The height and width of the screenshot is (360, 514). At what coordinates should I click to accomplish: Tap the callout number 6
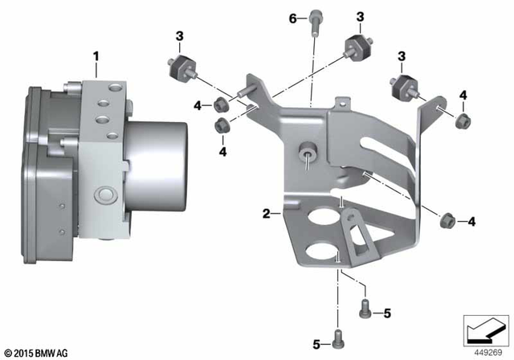[x=292, y=17]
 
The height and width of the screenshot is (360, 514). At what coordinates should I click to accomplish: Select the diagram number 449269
[x=484, y=350]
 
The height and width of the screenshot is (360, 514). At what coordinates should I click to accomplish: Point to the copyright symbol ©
[x=7, y=352]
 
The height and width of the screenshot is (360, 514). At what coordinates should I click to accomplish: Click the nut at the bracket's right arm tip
[x=461, y=122]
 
